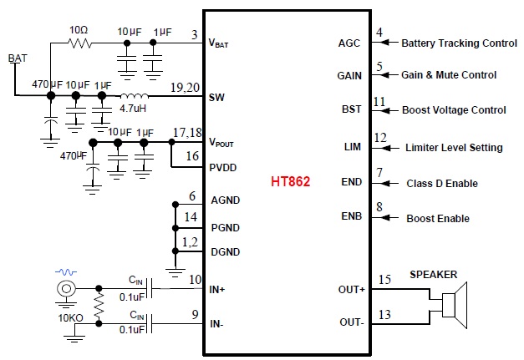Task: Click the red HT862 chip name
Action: [290, 181]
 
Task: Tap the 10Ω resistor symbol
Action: [80, 41]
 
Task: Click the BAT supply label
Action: [16, 58]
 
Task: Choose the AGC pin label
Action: [349, 43]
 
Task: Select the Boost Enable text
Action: [437, 219]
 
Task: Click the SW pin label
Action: [216, 97]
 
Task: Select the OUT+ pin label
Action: [351, 290]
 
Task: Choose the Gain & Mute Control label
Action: [448, 75]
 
